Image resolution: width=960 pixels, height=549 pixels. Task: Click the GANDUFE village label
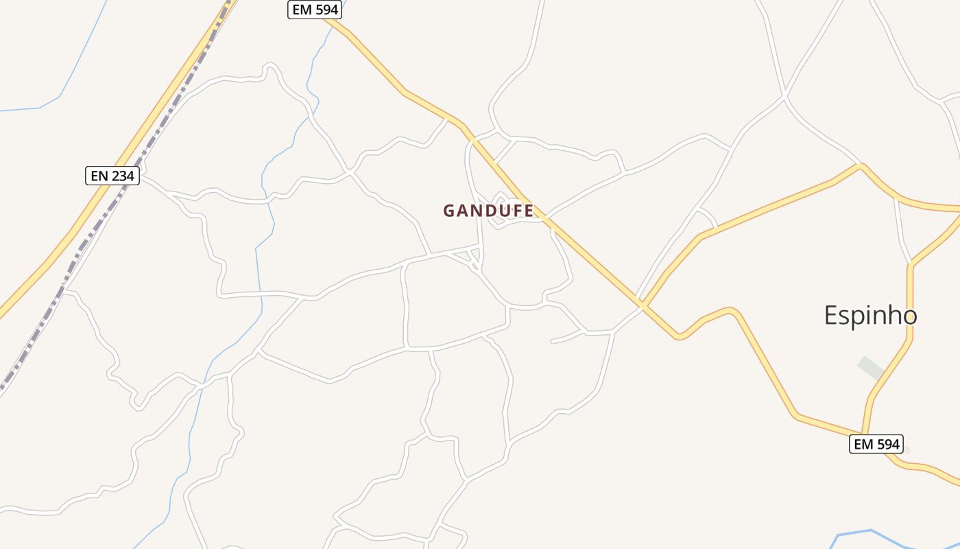point(488,211)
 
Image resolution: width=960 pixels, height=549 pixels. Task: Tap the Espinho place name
point(870,316)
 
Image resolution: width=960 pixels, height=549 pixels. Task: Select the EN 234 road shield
point(113,176)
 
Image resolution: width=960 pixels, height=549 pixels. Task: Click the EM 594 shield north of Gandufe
point(314,10)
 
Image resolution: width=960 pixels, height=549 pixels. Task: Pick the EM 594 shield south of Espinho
point(876,444)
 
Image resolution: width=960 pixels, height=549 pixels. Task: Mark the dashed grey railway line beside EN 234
point(103,220)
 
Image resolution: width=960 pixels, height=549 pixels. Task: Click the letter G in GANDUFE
point(450,211)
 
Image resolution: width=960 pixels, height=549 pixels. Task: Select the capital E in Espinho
point(831,316)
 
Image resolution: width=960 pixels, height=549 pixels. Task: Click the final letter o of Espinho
point(909,316)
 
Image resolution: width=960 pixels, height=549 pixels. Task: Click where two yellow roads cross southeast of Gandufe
point(642,302)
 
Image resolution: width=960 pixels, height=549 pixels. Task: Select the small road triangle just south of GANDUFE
point(472,256)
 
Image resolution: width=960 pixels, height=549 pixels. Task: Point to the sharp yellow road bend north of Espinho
point(861,165)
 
